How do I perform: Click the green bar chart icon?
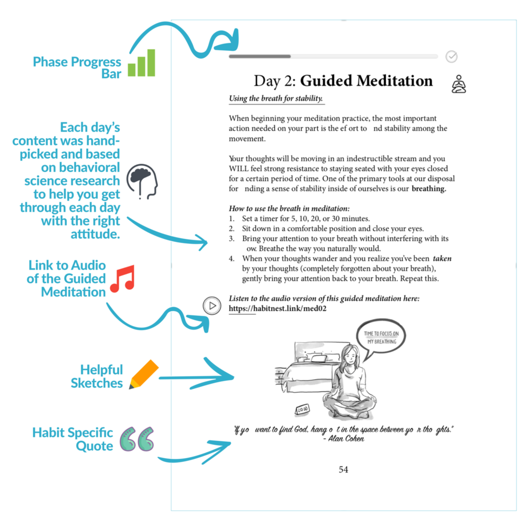pos(141,63)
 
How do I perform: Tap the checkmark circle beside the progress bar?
pos(452,57)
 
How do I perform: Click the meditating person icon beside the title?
pos(458,84)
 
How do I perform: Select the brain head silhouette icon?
pos(142,181)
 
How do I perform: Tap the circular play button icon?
pos(212,305)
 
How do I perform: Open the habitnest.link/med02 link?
pos(277,309)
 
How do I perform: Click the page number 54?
pos(343,469)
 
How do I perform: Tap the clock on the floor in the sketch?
pos(302,410)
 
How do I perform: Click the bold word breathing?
pos(429,189)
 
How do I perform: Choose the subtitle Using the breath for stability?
pos(276,99)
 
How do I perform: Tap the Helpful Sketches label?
pos(97,376)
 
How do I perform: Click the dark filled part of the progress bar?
pos(259,56)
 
